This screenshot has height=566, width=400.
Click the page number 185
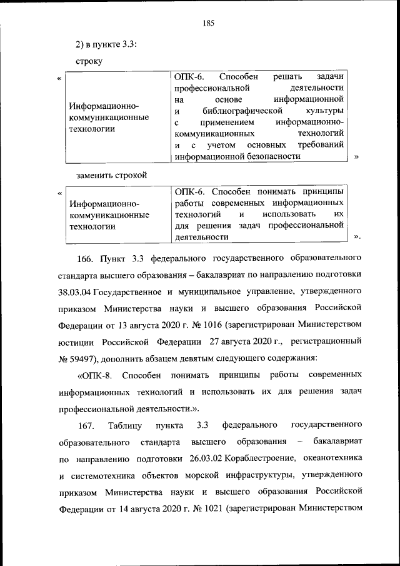tap(209, 23)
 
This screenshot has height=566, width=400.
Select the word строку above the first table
tap(89, 61)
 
